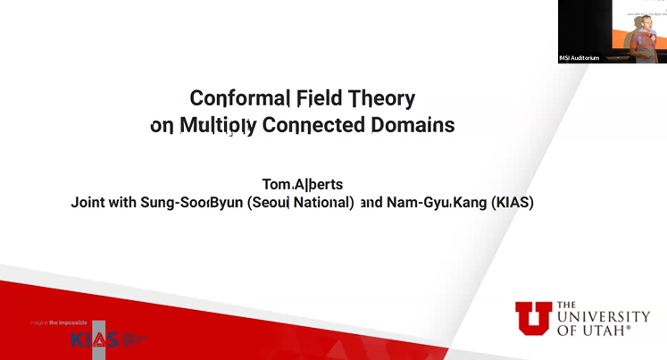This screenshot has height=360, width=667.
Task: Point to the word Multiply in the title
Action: (217, 126)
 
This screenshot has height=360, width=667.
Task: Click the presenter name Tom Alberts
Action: (302, 184)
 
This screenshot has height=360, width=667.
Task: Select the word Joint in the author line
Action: (90, 203)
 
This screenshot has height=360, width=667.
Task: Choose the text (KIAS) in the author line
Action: (513, 203)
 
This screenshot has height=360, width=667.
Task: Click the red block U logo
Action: (533, 318)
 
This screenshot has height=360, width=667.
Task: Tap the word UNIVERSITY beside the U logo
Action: (604, 317)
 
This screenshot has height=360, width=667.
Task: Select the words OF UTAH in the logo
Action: (593, 330)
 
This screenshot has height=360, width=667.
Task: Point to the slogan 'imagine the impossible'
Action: (58, 322)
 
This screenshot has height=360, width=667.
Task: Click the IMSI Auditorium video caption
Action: (579, 58)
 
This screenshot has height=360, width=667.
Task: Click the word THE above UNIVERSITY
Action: (568, 305)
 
